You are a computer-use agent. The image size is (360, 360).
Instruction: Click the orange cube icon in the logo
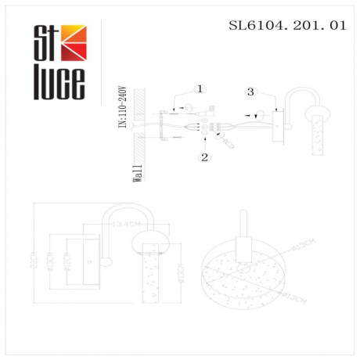point(75,40)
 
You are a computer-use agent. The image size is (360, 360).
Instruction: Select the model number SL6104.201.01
point(286,25)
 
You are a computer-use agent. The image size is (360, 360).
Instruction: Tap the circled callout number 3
point(250,92)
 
